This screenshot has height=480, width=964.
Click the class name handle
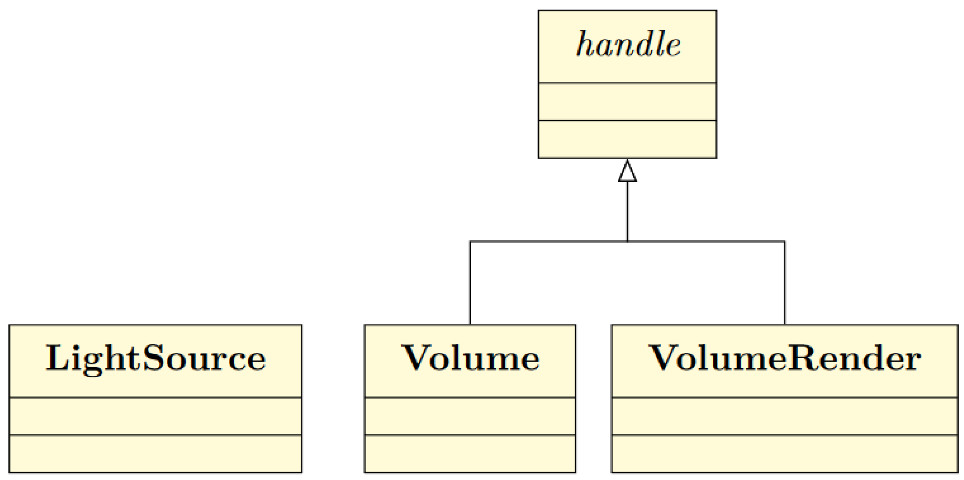coord(627,45)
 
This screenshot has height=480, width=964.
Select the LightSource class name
coord(156,359)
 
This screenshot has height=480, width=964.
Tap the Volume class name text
coord(470,359)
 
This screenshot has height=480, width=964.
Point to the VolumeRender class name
coord(784,359)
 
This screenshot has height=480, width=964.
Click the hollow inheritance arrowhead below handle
coord(627,172)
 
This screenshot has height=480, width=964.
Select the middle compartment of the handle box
coord(627,101)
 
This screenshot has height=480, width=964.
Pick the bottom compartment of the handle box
coord(627,139)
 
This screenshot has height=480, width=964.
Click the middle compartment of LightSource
coord(156,416)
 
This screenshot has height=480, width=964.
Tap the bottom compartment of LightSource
coord(156,454)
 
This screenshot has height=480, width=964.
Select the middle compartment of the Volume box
coord(470,416)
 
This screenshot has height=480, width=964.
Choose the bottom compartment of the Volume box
coord(470,454)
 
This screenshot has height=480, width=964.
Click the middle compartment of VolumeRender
coord(784,416)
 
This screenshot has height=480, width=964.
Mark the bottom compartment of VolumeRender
coord(784,454)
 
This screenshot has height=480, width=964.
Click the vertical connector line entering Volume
coord(470,284)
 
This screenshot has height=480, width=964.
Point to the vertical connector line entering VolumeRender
coord(784,284)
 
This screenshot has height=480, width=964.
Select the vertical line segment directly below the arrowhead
coord(627,211)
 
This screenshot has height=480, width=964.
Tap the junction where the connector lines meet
coord(627,241)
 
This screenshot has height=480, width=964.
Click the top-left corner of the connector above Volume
coord(470,242)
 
